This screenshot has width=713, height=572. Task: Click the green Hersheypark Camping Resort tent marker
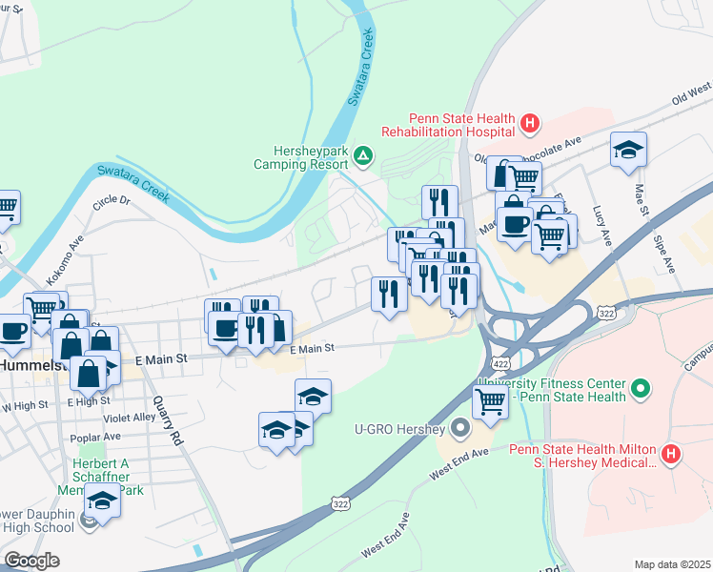point(362,155)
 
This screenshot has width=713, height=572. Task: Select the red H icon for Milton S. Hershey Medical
point(672,455)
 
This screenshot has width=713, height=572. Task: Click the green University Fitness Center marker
point(642,389)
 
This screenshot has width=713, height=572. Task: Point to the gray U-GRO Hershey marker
point(461,428)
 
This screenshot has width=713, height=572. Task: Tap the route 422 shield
point(500,364)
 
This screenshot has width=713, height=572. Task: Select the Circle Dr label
point(111,203)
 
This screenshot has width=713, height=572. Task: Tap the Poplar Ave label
point(95,437)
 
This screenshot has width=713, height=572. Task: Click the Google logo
point(31,561)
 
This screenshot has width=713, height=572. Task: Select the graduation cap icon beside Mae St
point(628,150)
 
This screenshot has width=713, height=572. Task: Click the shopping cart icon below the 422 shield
point(490,401)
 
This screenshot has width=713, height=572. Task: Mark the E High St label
point(90,401)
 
